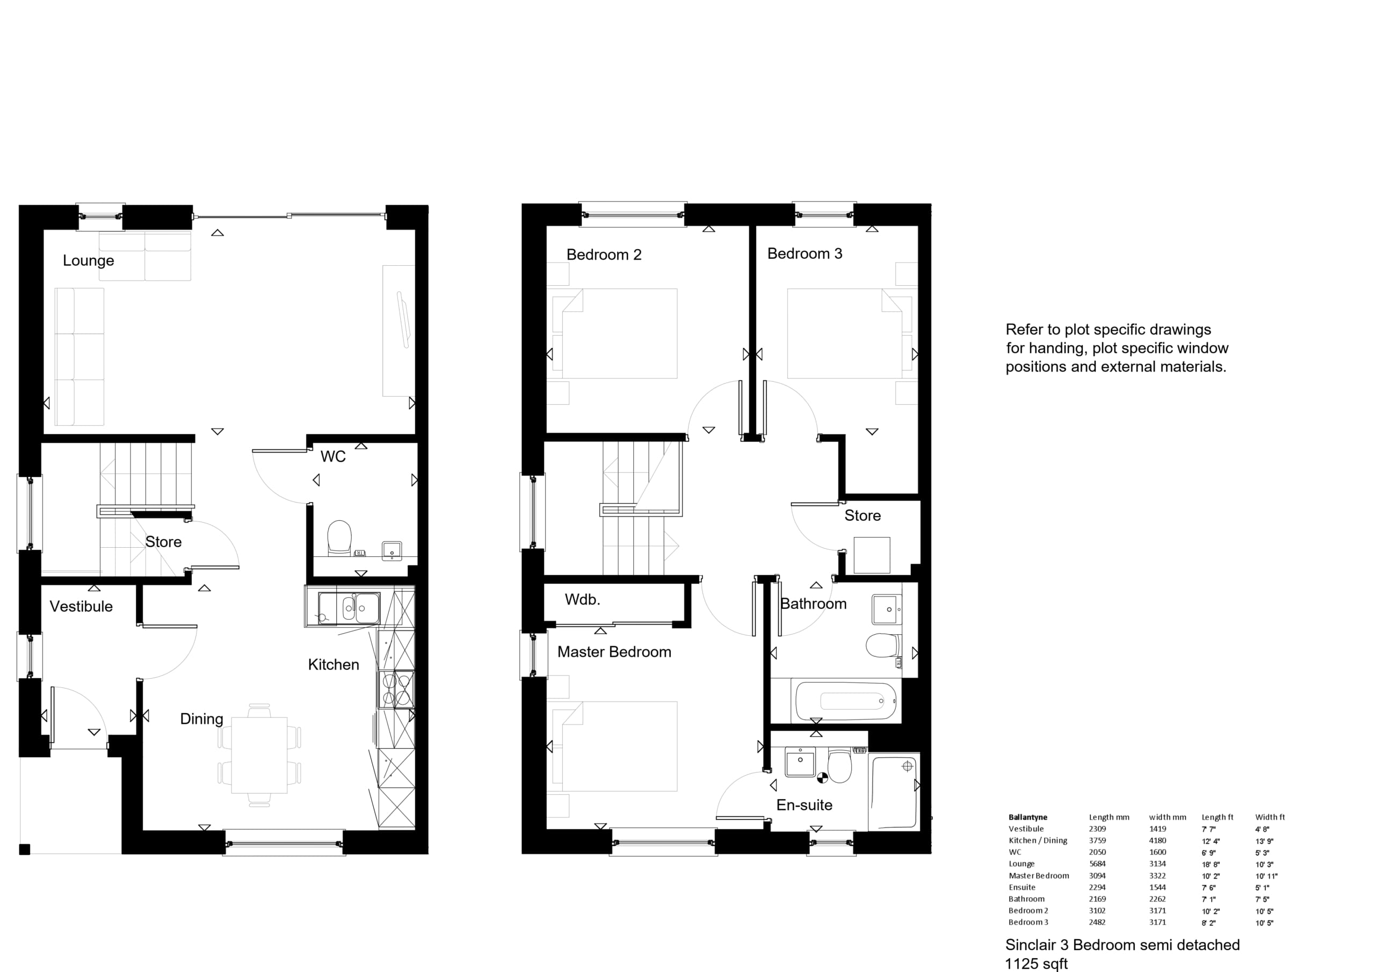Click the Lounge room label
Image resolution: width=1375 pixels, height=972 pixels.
tap(89, 260)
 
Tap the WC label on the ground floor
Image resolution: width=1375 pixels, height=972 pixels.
tap(333, 456)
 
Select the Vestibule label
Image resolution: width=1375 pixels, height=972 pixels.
tap(81, 607)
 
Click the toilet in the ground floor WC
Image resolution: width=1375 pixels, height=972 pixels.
tap(339, 537)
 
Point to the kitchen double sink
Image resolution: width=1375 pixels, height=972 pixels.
tap(349, 608)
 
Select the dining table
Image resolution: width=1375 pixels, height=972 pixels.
tap(259, 755)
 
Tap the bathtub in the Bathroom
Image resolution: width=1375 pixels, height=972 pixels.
tap(845, 701)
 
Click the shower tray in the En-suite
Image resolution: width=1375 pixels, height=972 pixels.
tap(894, 792)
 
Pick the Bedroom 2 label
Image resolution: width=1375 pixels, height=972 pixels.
tap(604, 255)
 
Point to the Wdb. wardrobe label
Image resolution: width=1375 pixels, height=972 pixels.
tap(582, 599)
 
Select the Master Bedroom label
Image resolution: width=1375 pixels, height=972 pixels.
tap(614, 651)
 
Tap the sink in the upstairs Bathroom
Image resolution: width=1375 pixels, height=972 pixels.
tap(886, 610)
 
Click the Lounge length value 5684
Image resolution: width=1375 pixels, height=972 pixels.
tap(1097, 864)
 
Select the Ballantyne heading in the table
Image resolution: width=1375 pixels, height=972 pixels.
tap(1027, 817)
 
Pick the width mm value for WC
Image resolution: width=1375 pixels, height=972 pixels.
tap(1157, 852)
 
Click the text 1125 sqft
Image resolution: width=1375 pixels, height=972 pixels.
tap(1036, 963)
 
